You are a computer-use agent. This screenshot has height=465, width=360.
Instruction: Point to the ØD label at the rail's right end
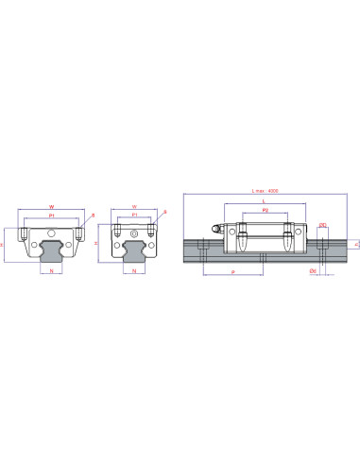[x=323, y=225]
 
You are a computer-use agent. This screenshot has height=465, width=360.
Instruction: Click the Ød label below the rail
[x=313, y=270]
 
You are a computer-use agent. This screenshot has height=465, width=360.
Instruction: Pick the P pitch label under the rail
[x=231, y=270]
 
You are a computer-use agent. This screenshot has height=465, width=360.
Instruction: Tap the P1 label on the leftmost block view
[x=53, y=215]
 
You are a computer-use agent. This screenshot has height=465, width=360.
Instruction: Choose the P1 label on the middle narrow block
[x=135, y=215]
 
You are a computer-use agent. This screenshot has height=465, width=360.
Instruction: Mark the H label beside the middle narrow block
[x=98, y=242]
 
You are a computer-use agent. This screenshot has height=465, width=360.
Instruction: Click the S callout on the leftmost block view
[x=93, y=215]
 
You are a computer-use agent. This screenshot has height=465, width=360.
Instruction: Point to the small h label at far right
[x=355, y=244]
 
